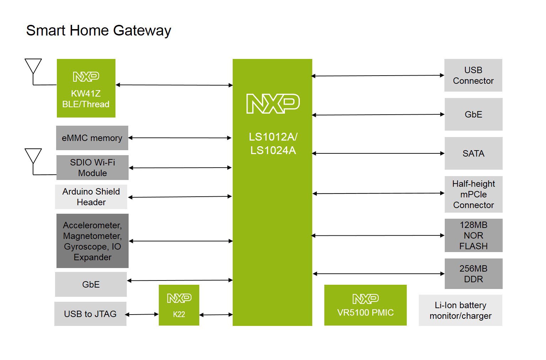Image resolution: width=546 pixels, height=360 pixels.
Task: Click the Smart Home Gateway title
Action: tap(98, 31)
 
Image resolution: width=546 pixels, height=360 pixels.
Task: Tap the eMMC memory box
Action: tap(92, 138)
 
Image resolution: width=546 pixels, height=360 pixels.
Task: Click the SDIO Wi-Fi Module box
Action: tap(92, 168)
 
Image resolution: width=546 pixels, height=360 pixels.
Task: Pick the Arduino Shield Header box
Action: tap(91, 197)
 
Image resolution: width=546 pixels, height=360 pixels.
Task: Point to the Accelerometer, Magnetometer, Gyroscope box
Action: tap(92, 241)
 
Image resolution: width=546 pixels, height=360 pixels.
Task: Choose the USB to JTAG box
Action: tap(90, 314)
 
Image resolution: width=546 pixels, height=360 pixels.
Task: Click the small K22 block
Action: tap(179, 305)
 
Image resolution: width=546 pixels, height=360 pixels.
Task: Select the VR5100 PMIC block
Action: tap(365, 305)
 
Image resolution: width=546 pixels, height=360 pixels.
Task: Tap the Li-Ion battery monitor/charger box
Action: tap(460, 310)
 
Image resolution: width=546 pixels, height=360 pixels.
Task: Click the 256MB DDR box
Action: tap(474, 274)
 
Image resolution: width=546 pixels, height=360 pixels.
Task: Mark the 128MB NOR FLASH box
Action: tap(474, 235)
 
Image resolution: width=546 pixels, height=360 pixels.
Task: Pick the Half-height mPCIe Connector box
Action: tap(474, 194)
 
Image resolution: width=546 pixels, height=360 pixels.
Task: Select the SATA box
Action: tap(474, 153)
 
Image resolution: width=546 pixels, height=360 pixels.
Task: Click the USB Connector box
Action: tap(474, 75)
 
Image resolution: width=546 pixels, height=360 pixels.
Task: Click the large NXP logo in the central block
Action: tap(273, 104)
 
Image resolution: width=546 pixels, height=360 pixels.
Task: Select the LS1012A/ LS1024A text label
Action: tap(273, 143)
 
